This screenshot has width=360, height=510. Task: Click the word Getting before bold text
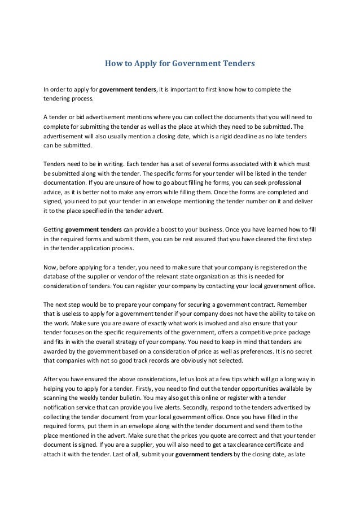[54, 230]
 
